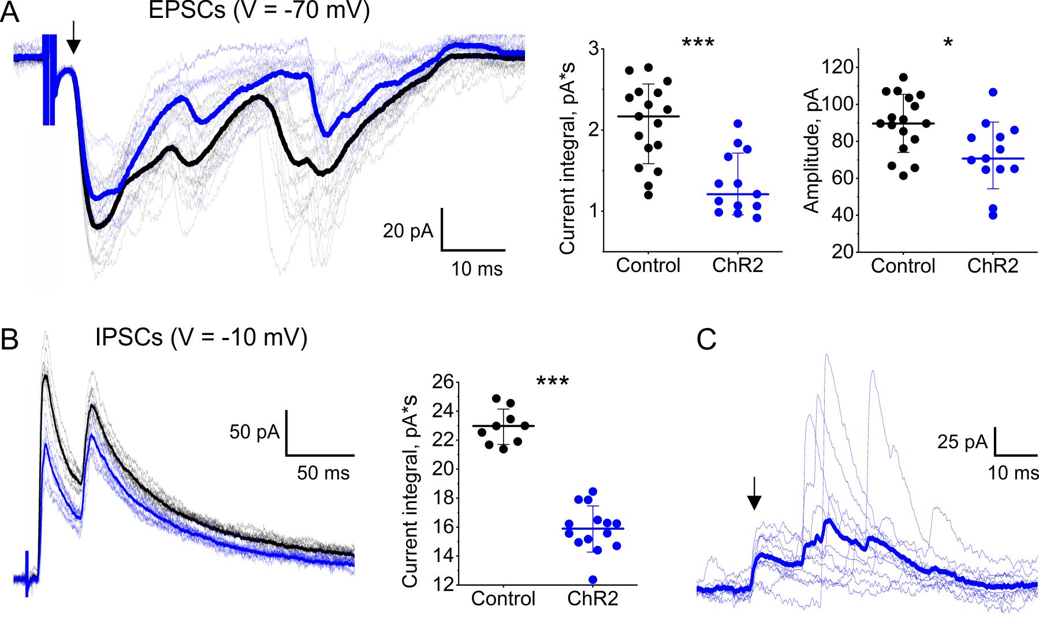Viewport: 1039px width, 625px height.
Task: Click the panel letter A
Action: pos(10,13)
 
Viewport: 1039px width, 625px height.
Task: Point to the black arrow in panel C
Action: pos(754,496)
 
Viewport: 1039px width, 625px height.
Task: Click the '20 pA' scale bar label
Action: pos(408,232)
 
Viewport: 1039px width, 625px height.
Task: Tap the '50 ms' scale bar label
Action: pos(323,473)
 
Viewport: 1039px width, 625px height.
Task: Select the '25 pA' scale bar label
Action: pos(962,442)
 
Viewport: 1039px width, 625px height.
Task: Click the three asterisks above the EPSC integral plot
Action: pos(698,43)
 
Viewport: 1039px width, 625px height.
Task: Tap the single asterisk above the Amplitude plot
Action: pos(948,43)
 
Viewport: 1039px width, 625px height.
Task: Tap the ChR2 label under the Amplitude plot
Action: pos(993,266)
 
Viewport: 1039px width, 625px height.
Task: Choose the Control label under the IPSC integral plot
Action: pos(504,598)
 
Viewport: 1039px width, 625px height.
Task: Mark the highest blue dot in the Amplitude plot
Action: pos(993,92)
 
